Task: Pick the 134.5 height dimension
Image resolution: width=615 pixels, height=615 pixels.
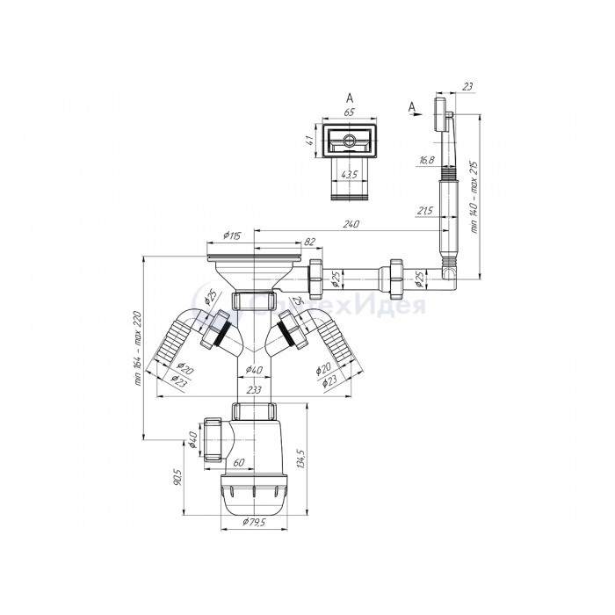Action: point(302,459)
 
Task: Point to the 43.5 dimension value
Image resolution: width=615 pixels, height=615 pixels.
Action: point(349,174)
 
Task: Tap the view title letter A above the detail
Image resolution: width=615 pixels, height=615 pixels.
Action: point(349,98)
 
